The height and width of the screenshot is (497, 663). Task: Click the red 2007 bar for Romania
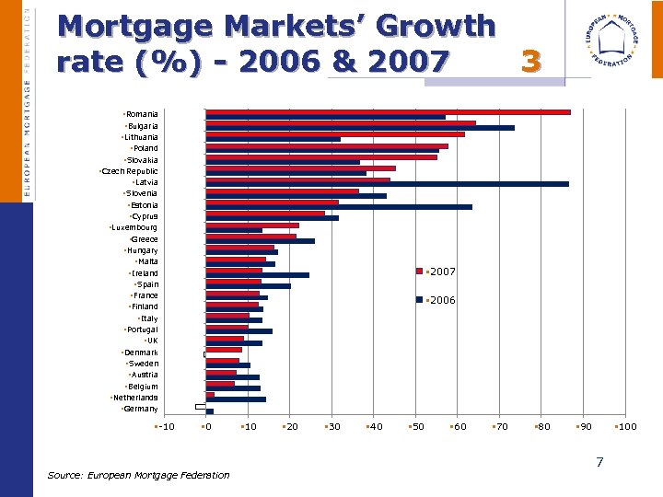click(388, 112)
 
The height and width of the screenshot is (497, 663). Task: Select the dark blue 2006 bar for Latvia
click(387, 184)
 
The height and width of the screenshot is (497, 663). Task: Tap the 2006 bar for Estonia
click(339, 207)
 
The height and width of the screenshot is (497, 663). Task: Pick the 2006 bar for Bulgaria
click(360, 128)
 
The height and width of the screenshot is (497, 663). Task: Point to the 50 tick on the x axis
click(417, 426)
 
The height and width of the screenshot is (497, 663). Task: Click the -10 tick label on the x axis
click(165, 426)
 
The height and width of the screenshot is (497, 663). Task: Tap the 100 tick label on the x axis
click(626, 426)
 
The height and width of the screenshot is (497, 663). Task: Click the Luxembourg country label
click(134, 227)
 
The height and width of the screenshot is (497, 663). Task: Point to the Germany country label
click(140, 409)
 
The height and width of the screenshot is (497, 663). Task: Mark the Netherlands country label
click(134, 398)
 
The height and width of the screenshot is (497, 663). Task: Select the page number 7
click(599, 462)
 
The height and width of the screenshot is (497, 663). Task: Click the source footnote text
click(138, 475)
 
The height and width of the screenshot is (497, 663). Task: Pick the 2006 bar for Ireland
click(257, 275)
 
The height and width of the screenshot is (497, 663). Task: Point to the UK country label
click(152, 341)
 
